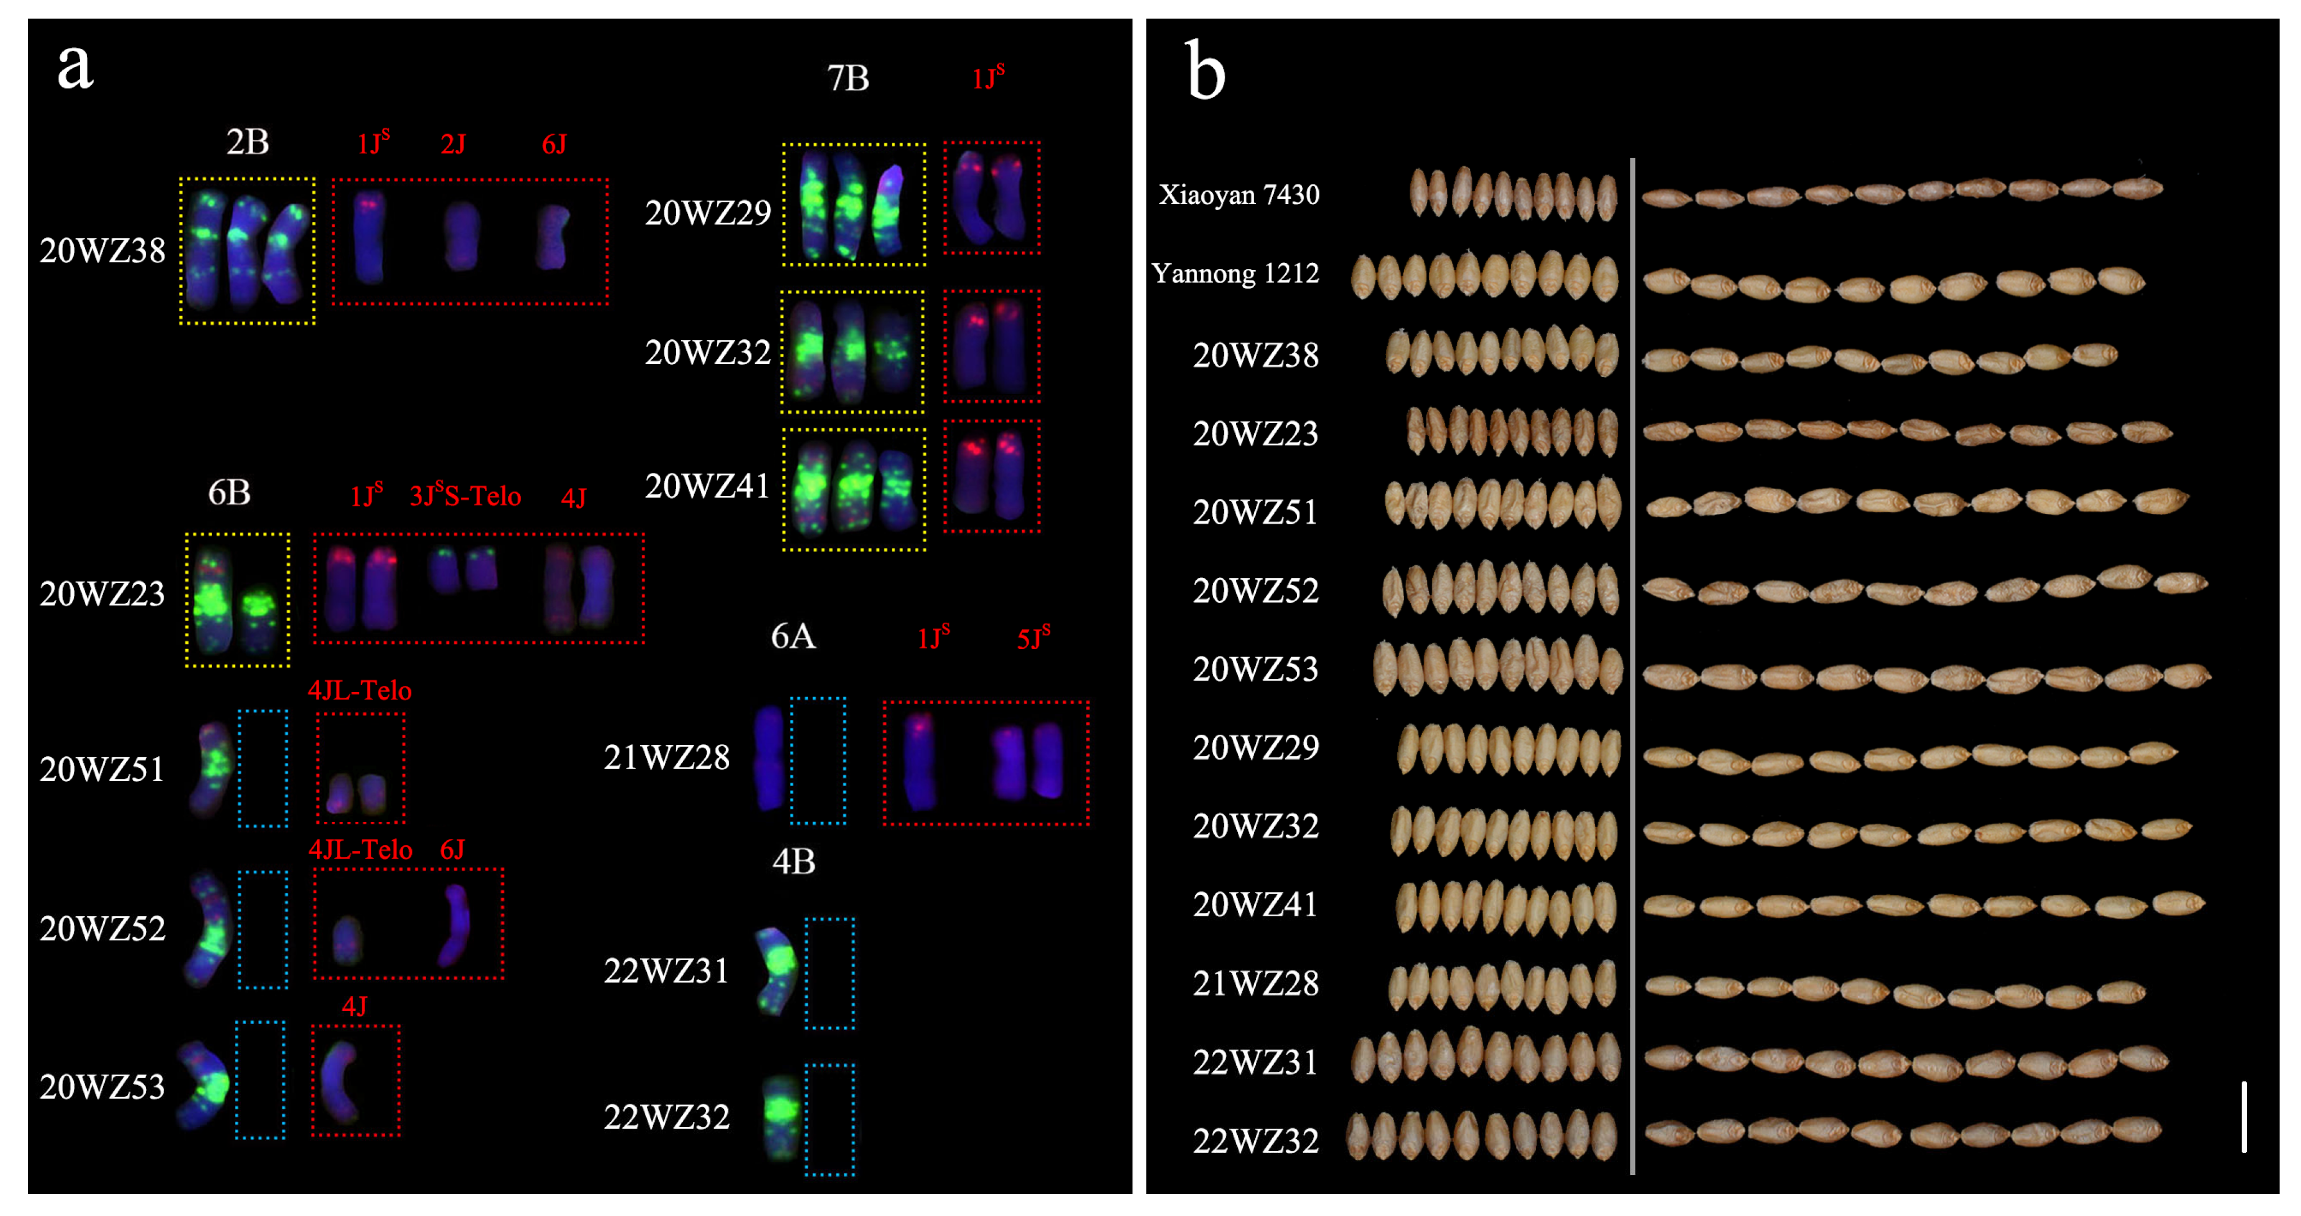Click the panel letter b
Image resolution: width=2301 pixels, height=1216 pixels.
coord(1205,72)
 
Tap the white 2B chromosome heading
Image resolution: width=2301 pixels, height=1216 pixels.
coord(247,142)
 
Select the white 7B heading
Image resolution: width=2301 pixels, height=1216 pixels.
coord(848,79)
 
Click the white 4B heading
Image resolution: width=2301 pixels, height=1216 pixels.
coord(793,862)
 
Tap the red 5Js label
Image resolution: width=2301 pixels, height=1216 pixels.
coord(1033,638)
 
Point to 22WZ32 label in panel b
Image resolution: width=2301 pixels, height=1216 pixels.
coord(1255,1141)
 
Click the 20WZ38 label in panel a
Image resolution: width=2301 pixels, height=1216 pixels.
coord(102,251)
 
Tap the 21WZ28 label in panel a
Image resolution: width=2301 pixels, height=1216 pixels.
coord(667,758)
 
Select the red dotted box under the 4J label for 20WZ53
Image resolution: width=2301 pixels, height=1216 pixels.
coord(356,1081)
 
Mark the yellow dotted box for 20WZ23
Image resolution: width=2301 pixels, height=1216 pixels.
coord(238,600)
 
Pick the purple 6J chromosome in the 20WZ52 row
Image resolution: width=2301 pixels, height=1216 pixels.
coord(456,924)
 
